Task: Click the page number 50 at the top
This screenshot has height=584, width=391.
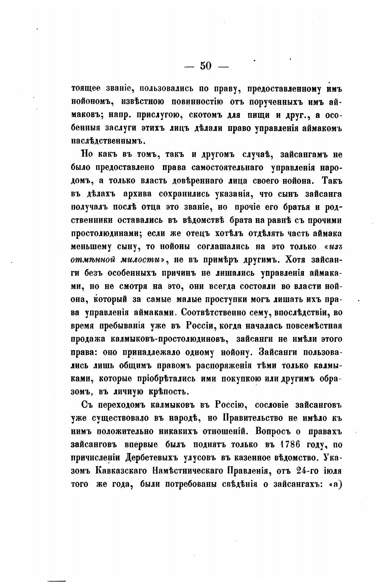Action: click(206, 65)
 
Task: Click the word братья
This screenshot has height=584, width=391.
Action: click(296, 207)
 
